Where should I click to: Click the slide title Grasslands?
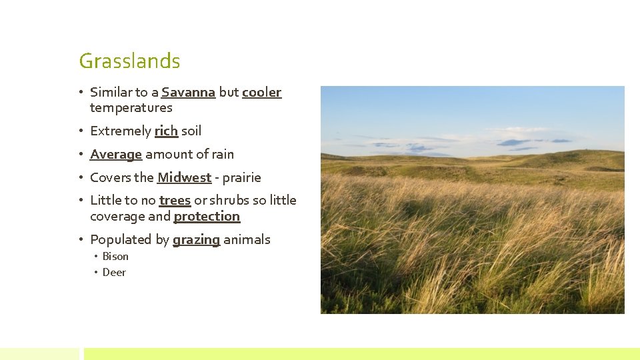tap(129, 61)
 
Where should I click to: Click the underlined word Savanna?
tap(188, 93)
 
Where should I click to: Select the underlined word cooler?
tap(261, 93)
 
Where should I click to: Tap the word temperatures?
tap(131, 108)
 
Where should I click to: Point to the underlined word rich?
tap(166, 131)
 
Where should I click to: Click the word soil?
tap(191, 131)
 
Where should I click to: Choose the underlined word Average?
tap(116, 155)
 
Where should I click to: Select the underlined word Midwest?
tap(184, 178)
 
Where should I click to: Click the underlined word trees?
tap(175, 201)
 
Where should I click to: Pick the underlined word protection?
tap(207, 217)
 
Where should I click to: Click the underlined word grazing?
tap(196, 240)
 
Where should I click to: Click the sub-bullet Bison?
tap(115, 257)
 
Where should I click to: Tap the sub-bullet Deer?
tap(114, 273)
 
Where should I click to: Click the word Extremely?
tap(120, 131)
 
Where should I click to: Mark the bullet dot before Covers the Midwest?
tap(81, 178)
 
